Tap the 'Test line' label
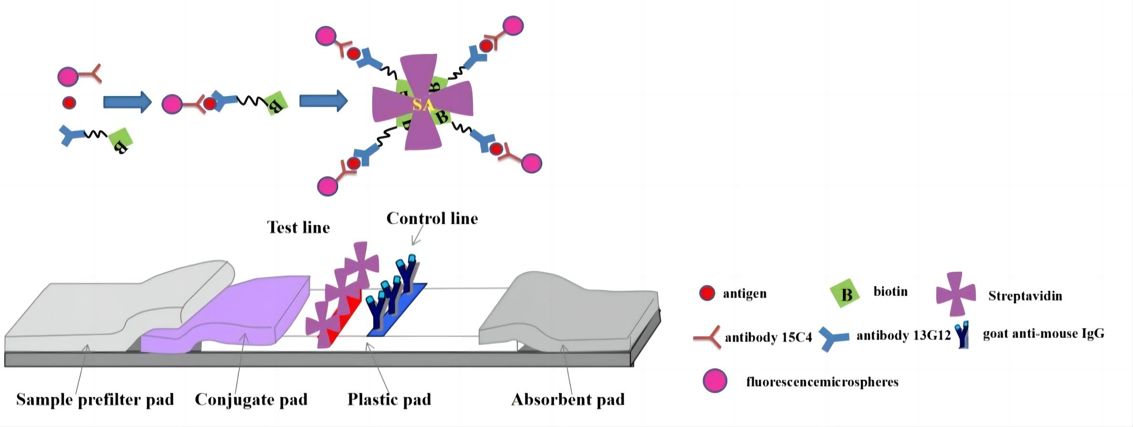pos(298,227)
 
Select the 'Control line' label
pos(432,218)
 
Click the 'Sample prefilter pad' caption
pos(95,399)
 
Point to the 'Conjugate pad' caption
pos(251,399)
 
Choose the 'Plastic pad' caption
pos(389,399)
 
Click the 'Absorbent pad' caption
pos(568,399)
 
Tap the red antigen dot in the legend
pos(707,293)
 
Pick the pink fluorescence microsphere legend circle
pos(715,381)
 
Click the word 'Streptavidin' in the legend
pos(1025,296)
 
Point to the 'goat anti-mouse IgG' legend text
pos(1043,333)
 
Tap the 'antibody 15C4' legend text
pos(768,338)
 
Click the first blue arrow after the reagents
pos(127,102)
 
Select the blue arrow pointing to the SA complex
pos(323,101)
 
